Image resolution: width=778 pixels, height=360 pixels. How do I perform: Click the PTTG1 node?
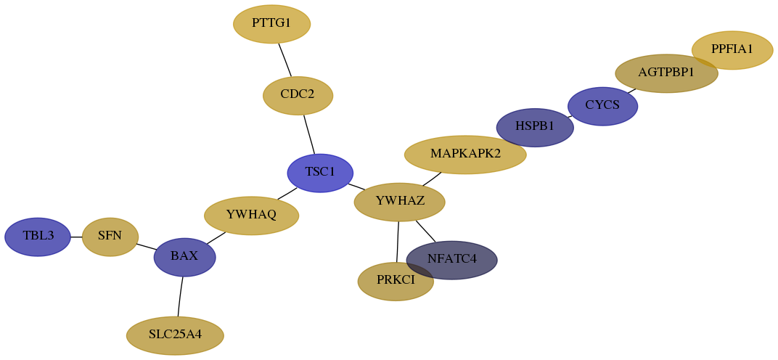pos(272,24)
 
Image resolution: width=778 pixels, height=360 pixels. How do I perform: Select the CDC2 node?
pos(298,95)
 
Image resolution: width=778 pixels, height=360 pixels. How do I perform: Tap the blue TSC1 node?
pos(320,173)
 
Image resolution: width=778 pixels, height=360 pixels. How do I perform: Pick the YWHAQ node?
pos(252,216)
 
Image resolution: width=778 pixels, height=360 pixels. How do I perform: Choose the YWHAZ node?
pos(399,202)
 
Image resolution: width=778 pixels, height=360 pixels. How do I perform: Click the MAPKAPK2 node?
pos(465,155)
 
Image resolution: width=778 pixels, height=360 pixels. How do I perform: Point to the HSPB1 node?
pos(535,128)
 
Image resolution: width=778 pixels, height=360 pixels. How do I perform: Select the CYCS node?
pos(602,106)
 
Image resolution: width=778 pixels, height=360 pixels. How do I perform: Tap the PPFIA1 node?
pos(732,50)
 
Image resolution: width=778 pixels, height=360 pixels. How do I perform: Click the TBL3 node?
pos(38,237)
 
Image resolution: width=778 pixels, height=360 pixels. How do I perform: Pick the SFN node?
pos(110,237)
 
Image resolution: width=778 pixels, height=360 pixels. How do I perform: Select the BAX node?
pos(184,257)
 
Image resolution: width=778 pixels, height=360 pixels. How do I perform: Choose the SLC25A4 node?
pos(175,335)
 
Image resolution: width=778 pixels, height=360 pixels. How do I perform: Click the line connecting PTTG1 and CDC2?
pos(284,60)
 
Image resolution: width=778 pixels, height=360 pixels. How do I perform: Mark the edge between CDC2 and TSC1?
pos(309,134)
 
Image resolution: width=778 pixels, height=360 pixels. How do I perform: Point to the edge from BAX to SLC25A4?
pos(180,296)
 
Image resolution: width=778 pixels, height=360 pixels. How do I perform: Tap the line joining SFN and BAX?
pos(147,247)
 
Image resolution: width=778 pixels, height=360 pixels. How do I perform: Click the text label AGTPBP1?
pos(666,73)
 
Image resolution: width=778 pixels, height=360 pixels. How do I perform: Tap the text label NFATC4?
pos(452,259)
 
